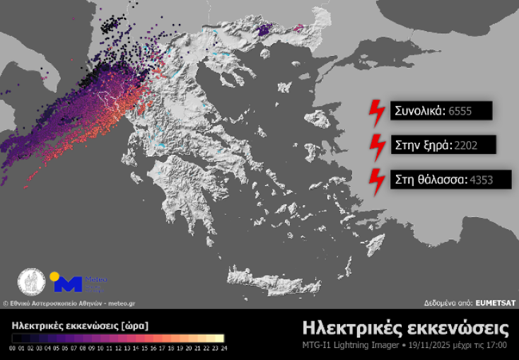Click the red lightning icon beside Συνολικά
coord(376,110)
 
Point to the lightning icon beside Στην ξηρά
coord(376,145)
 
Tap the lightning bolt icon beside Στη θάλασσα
coord(376,180)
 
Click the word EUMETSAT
coord(496,303)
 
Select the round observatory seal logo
coord(32,282)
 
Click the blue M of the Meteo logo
coord(68,284)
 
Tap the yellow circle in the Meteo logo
coord(54,276)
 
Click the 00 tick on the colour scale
coord(13,348)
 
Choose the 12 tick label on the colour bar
coord(117,348)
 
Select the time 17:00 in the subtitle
coord(499,346)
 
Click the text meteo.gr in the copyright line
coord(121,303)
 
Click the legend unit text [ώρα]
coord(134,326)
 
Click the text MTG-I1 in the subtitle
coord(315,346)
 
